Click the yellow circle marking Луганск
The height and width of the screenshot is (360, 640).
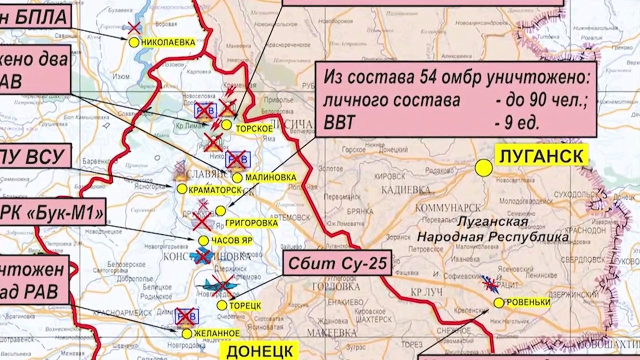click(483, 167)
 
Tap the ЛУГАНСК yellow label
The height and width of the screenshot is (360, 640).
click(541, 156)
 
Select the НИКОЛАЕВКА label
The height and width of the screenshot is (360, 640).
click(168, 43)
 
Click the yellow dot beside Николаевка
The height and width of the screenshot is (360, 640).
click(133, 42)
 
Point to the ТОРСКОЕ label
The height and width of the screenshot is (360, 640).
click(254, 128)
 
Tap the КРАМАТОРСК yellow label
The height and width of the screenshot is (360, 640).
click(215, 189)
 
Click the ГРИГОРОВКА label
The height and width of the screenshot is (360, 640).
click(251, 223)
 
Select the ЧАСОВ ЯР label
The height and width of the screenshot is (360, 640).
click(231, 241)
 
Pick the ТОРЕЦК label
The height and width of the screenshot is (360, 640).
click(245, 305)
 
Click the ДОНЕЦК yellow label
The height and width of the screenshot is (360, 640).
click(262, 350)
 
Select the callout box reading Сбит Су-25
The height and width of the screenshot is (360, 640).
click(337, 263)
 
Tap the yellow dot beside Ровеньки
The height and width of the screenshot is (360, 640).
click(498, 302)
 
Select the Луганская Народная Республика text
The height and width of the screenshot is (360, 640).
click(492, 228)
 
